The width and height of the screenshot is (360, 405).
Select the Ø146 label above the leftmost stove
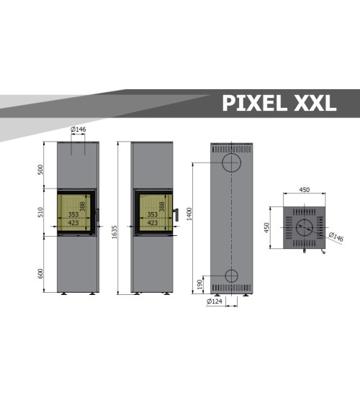point(78,129)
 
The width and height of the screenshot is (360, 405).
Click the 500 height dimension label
point(40,170)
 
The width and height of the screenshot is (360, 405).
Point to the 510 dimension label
point(40,212)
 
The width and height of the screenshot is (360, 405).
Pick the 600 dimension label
point(40,273)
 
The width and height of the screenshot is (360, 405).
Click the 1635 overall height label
point(114,232)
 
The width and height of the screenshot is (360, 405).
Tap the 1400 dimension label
point(189,214)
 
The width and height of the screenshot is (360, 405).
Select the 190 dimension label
point(199,284)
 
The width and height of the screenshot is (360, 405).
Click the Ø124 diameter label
point(215,301)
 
